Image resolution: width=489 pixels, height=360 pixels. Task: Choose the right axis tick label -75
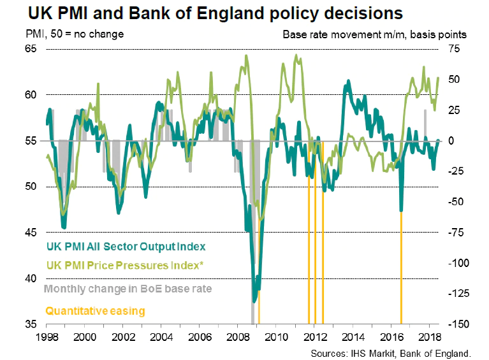point(457,233)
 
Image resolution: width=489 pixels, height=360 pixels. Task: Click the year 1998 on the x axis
point(46,336)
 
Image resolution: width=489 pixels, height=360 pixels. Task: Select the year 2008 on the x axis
point(237,336)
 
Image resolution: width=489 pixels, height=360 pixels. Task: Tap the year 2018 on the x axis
point(428,336)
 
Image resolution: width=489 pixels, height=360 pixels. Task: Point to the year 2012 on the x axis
point(314,336)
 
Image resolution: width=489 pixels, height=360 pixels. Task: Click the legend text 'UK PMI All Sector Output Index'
point(126,245)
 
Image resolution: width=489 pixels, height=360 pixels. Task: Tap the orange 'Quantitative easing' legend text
point(94,311)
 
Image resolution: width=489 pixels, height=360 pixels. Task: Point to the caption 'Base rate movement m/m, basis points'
point(375,34)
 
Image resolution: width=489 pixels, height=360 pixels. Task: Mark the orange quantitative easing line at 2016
point(401,268)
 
